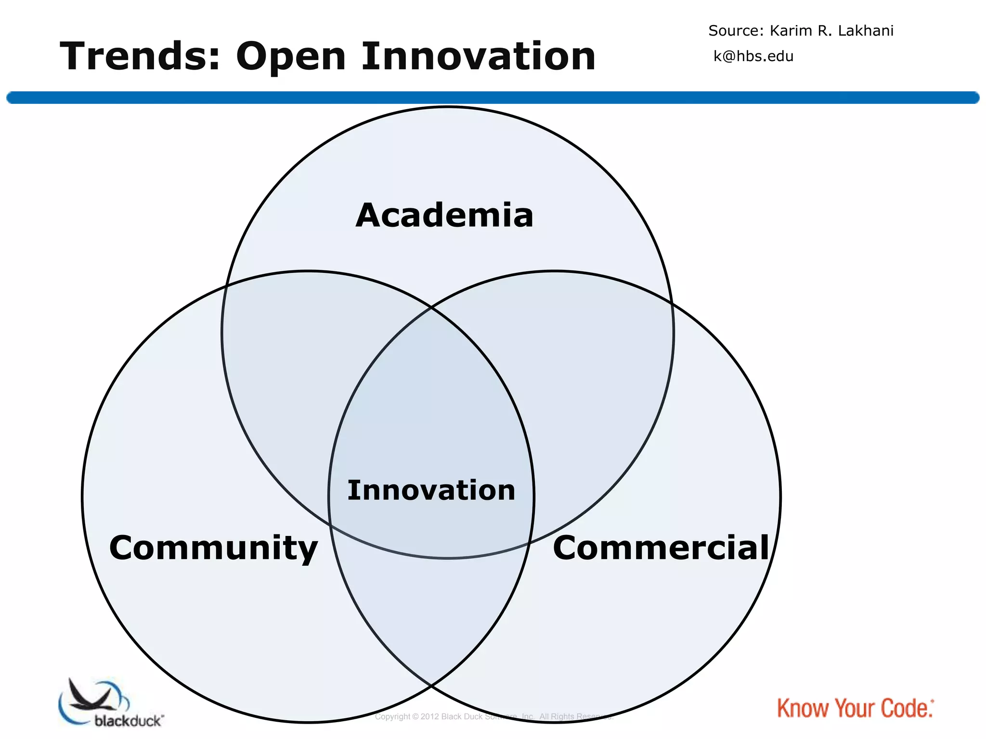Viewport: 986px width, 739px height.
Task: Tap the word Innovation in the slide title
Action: [479, 57]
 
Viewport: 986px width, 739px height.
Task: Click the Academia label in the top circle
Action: [444, 215]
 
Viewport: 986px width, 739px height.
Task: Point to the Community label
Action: [213, 548]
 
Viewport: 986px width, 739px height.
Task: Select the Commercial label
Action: [661, 548]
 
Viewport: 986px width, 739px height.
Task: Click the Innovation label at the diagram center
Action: [431, 490]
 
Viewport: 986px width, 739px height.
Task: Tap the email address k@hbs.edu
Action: [753, 56]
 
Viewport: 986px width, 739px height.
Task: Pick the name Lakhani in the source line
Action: [866, 31]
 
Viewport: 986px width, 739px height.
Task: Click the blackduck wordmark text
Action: [129, 721]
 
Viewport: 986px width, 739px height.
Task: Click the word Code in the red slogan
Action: [906, 709]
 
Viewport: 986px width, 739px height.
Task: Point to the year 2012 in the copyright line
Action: [429, 717]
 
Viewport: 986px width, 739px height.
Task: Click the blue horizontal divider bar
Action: [493, 98]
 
